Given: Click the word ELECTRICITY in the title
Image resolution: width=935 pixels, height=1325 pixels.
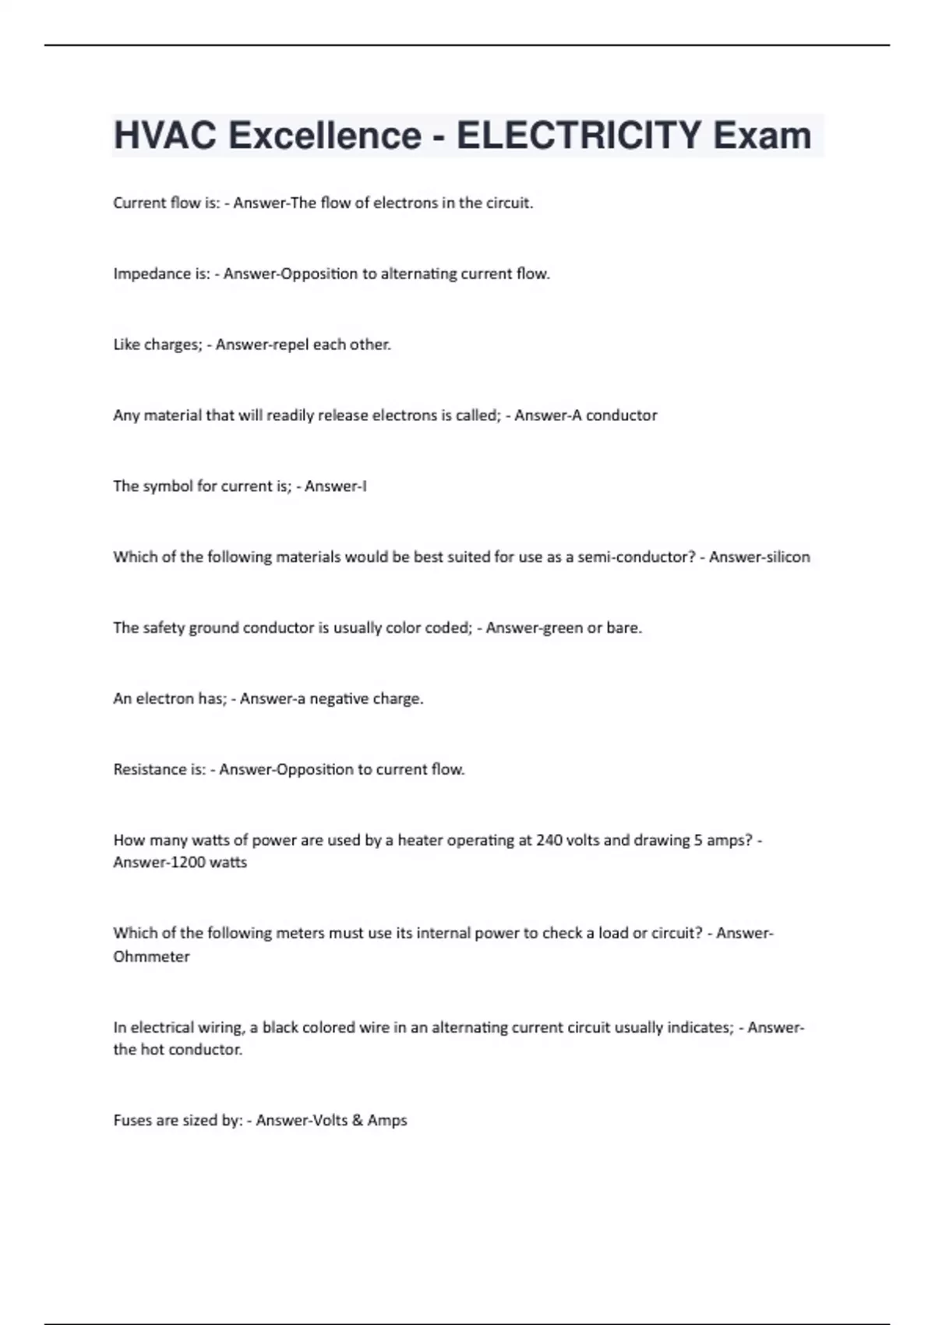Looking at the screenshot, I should point(578,136).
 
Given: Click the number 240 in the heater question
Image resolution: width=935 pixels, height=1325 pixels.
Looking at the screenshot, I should point(549,840).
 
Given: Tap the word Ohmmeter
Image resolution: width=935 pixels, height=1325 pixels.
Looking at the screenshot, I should point(151,957).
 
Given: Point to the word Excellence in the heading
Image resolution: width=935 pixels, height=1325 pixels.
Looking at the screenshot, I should point(325,136).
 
